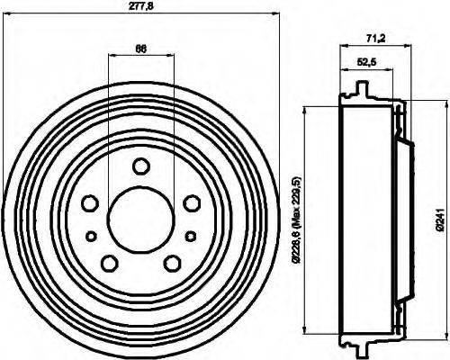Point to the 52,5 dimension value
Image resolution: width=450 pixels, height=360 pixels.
coord(366,62)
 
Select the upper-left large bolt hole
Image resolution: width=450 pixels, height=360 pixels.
coord(92,203)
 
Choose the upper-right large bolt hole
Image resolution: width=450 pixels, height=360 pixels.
coord(191,203)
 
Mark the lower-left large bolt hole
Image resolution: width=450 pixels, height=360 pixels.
coord(110,262)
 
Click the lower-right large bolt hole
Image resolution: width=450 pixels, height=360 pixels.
coord(173,262)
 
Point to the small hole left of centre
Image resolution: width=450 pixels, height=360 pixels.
coord(90,236)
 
